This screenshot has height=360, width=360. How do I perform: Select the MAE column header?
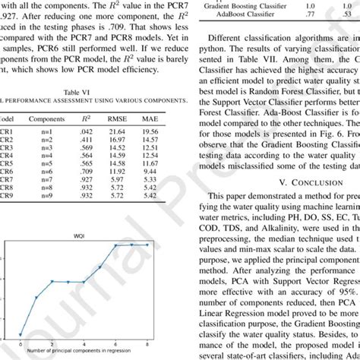[x=150, y=119]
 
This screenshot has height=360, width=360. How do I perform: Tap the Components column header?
[x=46, y=119]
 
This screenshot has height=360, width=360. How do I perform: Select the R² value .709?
[x=86, y=171]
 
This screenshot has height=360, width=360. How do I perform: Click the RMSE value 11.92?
[x=118, y=171]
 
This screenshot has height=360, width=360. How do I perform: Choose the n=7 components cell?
[x=46, y=178]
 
